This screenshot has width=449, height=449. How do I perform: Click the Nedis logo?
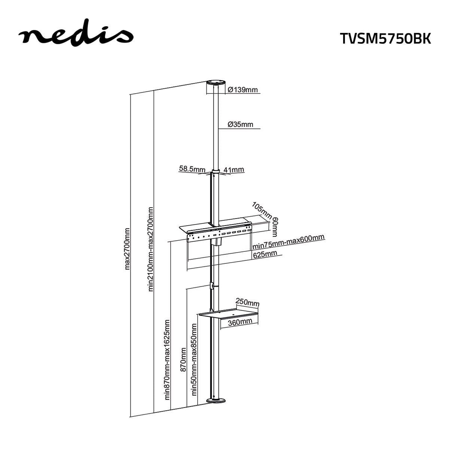(76, 34)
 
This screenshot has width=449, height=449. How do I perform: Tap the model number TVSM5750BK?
(385, 38)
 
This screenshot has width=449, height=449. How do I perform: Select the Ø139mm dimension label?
(243, 90)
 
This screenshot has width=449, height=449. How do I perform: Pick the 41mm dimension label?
(234, 169)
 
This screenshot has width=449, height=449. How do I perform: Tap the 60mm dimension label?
(275, 226)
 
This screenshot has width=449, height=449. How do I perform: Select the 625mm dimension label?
(265, 254)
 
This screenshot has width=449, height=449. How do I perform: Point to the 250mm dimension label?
(247, 302)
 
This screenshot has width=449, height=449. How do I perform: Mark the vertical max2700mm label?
(127, 248)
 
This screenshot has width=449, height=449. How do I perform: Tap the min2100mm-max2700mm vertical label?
(151, 248)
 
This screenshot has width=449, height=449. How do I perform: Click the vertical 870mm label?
(183, 360)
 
